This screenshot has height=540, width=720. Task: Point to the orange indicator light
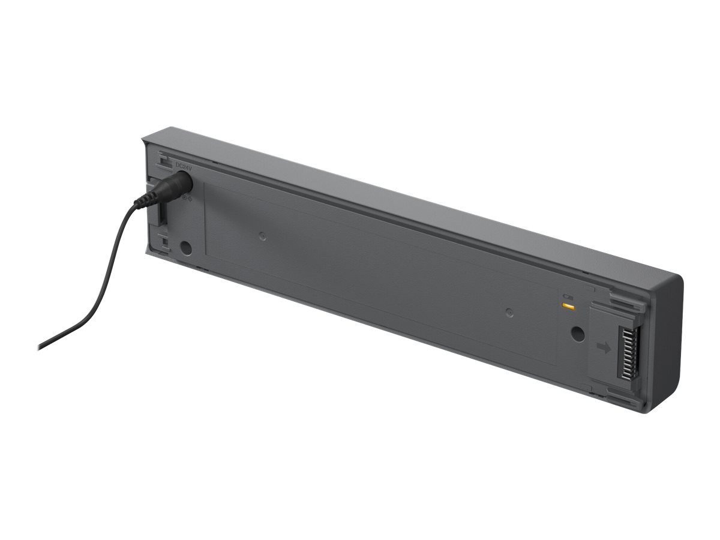coord(566,306)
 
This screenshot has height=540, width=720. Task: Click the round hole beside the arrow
coord(577,334)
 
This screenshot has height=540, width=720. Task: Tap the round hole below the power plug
coord(186,247)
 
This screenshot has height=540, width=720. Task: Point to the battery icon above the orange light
coord(566,296)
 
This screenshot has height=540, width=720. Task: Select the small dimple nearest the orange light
coord(509,312)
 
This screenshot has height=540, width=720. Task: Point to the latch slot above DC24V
coord(161,160)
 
